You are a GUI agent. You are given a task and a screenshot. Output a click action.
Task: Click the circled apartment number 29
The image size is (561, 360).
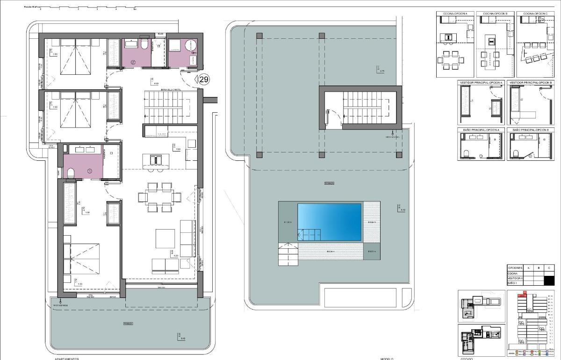[204, 79]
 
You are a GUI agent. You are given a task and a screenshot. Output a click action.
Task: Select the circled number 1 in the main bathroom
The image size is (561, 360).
[90, 171]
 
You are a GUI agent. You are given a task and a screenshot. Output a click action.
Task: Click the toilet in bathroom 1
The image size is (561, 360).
[71, 173]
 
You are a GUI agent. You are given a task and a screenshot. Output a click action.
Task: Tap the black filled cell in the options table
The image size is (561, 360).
[549, 281]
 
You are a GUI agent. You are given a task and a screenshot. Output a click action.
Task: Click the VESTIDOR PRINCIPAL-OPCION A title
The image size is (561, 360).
[481, 83]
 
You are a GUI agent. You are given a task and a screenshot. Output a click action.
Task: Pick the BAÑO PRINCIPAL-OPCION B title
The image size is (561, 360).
[531, 130]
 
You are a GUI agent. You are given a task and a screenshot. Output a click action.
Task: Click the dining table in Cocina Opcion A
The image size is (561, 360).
[451, 60]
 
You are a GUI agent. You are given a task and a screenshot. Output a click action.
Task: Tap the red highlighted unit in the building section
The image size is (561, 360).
[523, 295]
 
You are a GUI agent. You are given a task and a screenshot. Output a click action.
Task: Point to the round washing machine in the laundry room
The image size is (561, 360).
[192, 45]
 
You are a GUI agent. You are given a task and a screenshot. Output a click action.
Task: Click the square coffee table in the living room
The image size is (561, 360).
[165, 238]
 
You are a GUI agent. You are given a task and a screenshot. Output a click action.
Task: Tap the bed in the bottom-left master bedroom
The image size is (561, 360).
[82, 259]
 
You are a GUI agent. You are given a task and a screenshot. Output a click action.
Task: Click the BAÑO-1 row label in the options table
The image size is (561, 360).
[516, 283]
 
